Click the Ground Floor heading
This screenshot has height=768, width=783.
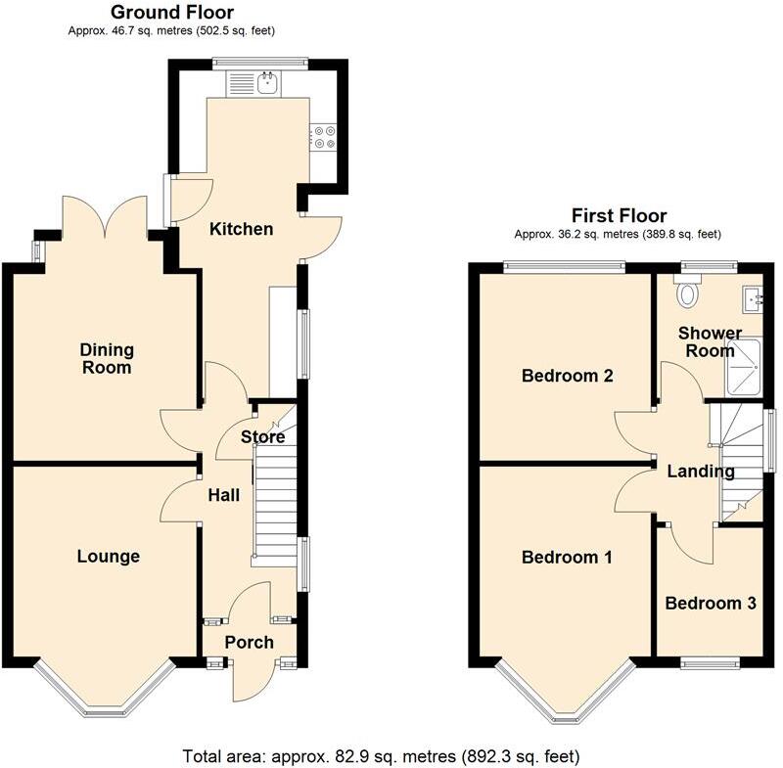click(x=171, y=13)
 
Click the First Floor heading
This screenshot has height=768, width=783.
click(x=619, y=215)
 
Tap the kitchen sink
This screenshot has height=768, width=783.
click(x=265, y=84)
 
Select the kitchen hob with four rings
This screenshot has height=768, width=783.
click(x=323, y=139)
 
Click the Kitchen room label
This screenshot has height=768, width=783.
click(x=242, y=229)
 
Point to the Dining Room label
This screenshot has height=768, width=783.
click(x=106, y=359)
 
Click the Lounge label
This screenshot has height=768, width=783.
click(x=108, y=557)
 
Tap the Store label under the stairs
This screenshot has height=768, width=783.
click(x=263, y=437)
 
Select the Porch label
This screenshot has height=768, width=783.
click(x=249, y=643)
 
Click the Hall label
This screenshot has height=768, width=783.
click(x=223, y=496)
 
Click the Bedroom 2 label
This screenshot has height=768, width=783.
click(x=567, y=376)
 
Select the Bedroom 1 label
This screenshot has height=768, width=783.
click(x=567, y=558)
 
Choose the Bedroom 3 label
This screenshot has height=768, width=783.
click(x=710, y=604)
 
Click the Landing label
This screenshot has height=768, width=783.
click(x=700, y=472)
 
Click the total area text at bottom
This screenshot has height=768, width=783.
click(x=381, y=755)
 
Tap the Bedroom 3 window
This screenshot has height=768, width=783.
click(x=710, y=663)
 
